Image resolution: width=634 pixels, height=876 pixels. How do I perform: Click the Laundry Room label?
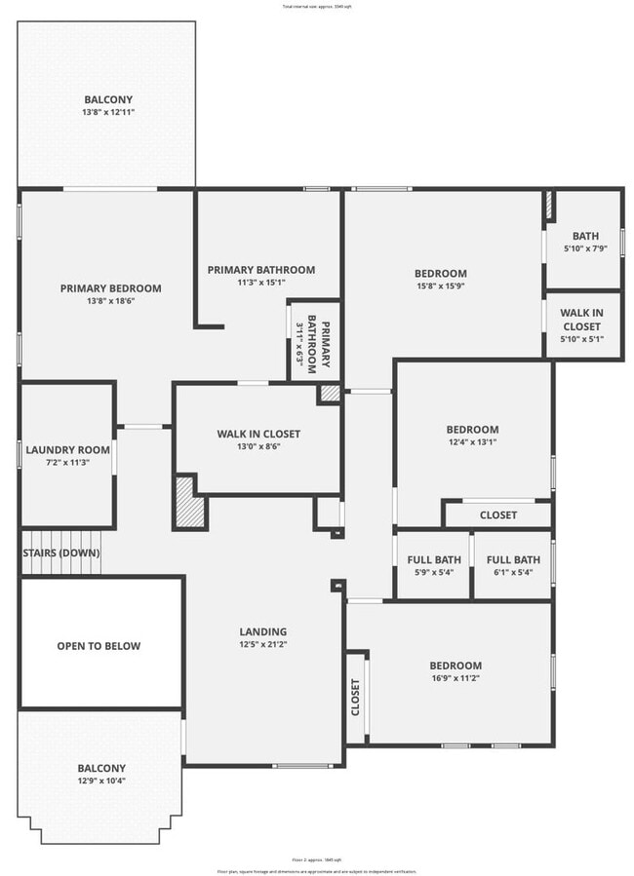(67, 449)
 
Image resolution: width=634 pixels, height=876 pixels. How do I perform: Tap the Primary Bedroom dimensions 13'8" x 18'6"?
(110, 302)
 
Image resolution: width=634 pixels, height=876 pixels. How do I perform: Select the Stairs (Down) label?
(59, 553)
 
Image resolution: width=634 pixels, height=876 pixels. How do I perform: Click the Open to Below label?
(99, 646)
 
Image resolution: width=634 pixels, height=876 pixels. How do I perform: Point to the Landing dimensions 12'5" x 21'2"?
(263, 644)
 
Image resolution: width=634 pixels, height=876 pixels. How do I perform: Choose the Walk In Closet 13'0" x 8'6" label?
(258, 434)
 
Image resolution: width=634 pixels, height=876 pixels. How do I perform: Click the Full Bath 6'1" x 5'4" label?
(513, 559)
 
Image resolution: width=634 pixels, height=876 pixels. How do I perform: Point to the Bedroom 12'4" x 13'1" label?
(472, 430)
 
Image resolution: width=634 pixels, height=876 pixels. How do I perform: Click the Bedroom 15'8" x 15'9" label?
(441, 274)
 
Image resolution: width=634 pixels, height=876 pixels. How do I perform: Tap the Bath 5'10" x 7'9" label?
(585, 236)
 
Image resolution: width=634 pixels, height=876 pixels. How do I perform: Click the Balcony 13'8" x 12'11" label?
(108, 99)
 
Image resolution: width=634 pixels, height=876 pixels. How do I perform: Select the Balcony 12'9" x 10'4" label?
(101, 769)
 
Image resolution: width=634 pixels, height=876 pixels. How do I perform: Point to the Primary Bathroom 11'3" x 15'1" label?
(261, 270)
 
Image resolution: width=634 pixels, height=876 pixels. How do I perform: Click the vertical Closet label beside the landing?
(356, 697)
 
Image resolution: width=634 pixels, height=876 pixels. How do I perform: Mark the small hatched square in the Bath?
(548, 205)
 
